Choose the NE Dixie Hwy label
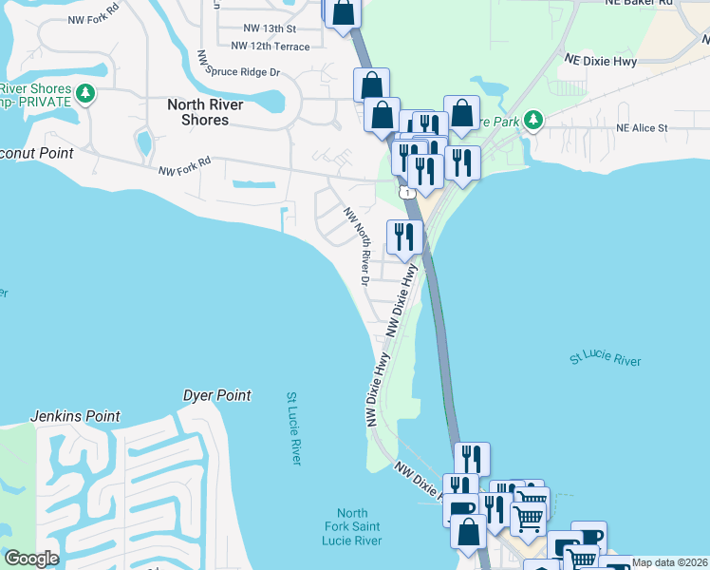click(x=600, y=59)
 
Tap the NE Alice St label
click(x=642, y=127)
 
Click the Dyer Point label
click(x=216, y=395)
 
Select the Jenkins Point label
click(x=75, y=416)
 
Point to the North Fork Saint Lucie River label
click(x=351, y=527)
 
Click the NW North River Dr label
click(x=357, y=245)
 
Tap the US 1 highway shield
click(x=408, y=193)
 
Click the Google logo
click(x=31, y=559)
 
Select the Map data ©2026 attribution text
click(x=669, y=562)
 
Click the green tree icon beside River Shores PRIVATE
click(x=85, y=93)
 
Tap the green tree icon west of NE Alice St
click(x=533, y=120)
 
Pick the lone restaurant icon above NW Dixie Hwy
click(x=404, y=237)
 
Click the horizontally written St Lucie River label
click(x=605, y=360)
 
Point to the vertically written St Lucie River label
click(x=294, y=427)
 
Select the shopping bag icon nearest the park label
click(x=462, y=114)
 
